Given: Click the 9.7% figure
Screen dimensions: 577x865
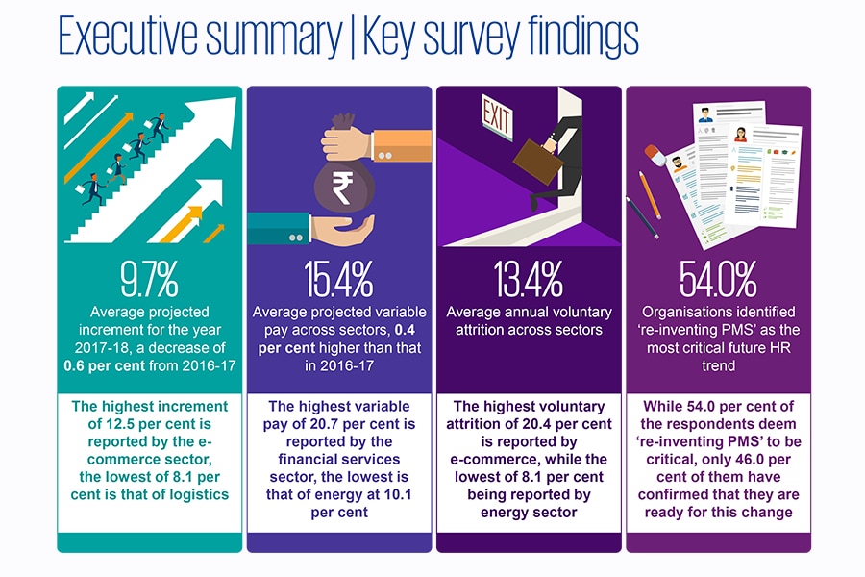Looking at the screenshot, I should point(149,279).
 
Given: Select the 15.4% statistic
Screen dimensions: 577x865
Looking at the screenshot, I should point(338,279).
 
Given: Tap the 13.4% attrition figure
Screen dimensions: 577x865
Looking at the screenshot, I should point(529,279).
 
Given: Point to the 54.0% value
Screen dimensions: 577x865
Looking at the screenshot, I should point(718,279).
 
